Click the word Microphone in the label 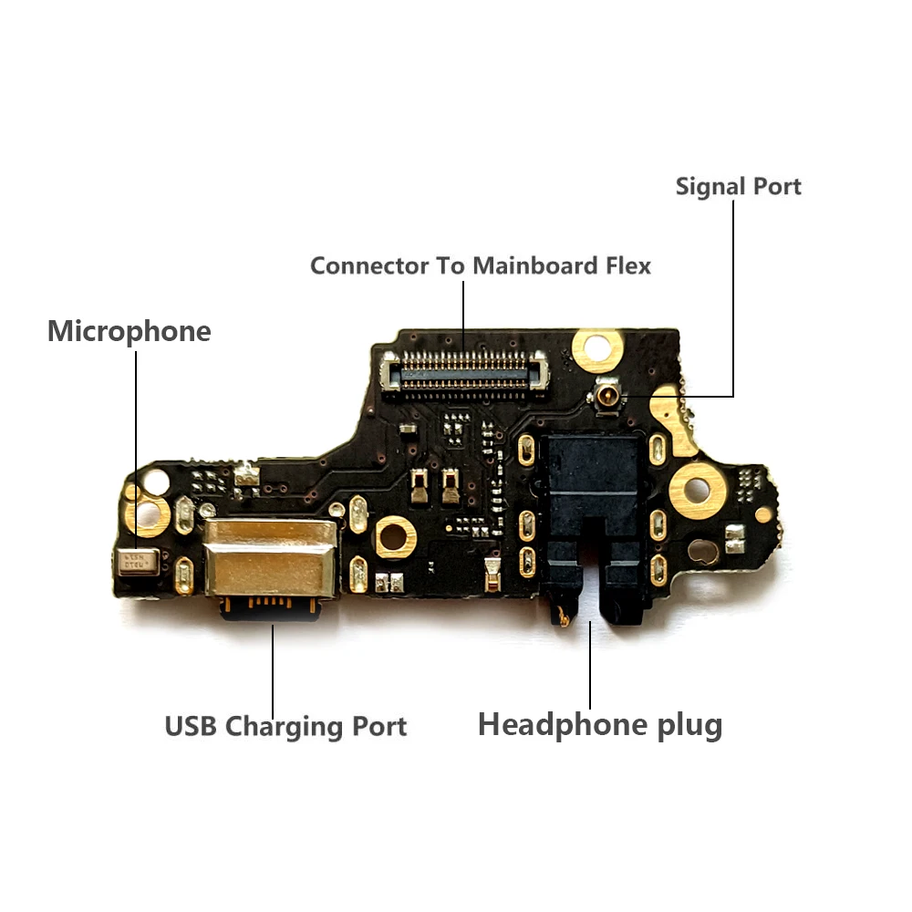point(129,331)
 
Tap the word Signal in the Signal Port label point(707,187)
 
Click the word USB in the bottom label point(192,727)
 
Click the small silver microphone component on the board point(138,560)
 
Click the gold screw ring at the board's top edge point(596,347)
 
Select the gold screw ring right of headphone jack point(698,491)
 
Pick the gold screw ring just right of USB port point(394,537)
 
